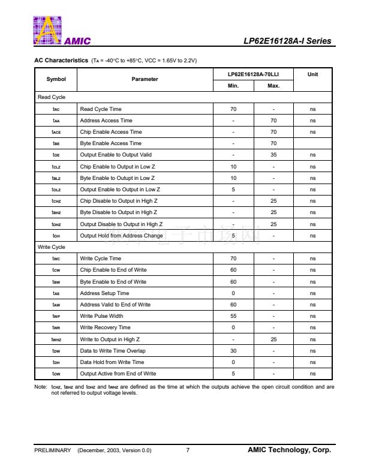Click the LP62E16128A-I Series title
coord(287,41)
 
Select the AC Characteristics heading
coord(62,61)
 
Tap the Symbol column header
coord(56,79)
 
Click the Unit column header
coord(312,74)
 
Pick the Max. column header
coord(273,86)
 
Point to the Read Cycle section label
coord(52,97)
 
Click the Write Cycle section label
coord(52,247)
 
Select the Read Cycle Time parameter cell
coord(101,109)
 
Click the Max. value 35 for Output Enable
coord(273,155)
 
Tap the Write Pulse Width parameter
coord(101,316)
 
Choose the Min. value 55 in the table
coord(233,316)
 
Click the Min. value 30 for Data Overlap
coord(233,351)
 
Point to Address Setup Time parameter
coord(104,293)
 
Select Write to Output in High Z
coord(110,339)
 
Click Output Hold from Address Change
coord(121,236)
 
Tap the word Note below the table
coord(41,387)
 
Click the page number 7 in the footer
coord(188,450)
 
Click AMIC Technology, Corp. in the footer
coord(289,450)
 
